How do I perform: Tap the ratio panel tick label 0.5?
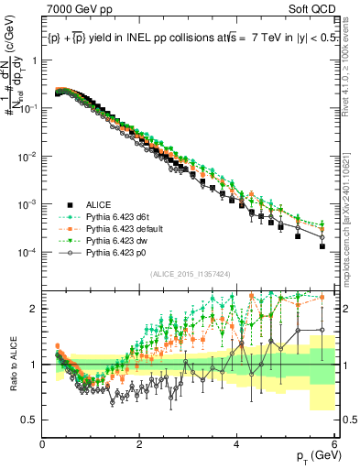tap(29, 420)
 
